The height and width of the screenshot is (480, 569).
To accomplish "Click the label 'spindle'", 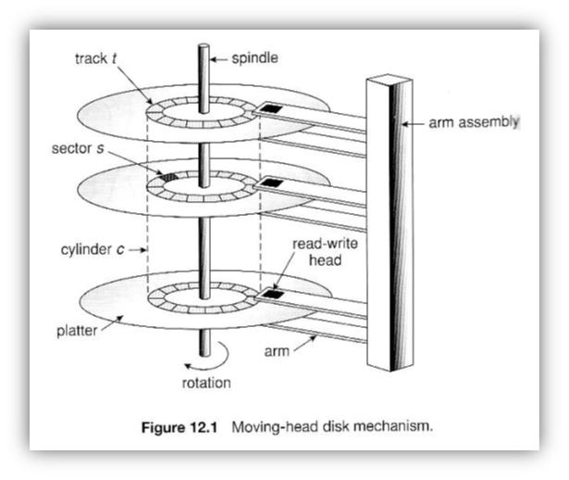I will (252, 57).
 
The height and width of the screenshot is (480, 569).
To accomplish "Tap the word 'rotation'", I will (205, 382).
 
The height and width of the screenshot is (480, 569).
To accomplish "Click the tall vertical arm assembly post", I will (388, 222).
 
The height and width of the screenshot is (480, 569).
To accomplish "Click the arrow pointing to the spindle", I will (219, 57).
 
